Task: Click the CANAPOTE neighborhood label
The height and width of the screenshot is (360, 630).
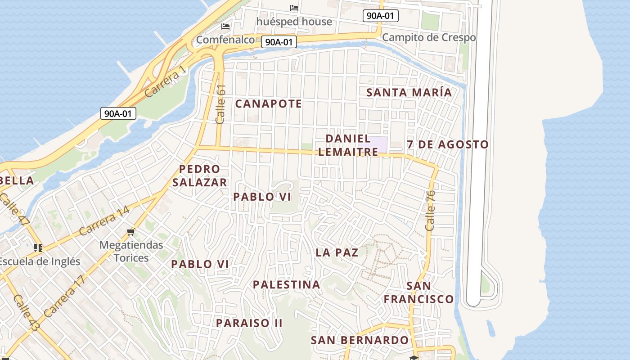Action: [268, 104]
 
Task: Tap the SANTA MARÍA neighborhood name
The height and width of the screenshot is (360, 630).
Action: [409, 92]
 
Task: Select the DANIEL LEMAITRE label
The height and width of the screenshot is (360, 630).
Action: [348, 145]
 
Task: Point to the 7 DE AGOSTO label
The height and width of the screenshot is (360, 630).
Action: [447, 144]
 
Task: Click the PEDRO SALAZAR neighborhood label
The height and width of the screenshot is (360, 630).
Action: [199, 175]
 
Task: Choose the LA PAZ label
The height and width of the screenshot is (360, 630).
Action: [337, 252]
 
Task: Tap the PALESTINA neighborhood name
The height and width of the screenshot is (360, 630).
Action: [286, 284]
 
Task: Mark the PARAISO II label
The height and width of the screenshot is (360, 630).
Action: [249, 323]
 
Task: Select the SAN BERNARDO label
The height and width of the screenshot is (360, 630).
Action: [359, 340]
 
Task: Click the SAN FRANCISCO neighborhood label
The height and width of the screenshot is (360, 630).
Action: [418, 292]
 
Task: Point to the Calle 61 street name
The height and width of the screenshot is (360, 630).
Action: [220, 104]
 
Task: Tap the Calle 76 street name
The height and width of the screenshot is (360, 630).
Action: [430, 211]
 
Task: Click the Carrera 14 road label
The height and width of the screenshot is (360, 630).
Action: [104, 220]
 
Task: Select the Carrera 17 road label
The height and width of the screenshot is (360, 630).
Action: [65, 296]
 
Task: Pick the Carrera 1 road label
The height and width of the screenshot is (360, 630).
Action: [165, 81]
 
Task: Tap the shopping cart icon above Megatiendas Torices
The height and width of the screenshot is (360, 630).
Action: [131, 232]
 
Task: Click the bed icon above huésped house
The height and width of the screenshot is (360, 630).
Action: [294, 8]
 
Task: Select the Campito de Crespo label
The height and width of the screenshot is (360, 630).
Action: [428, 37]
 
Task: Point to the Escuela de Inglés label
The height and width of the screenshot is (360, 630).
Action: [40, 261]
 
